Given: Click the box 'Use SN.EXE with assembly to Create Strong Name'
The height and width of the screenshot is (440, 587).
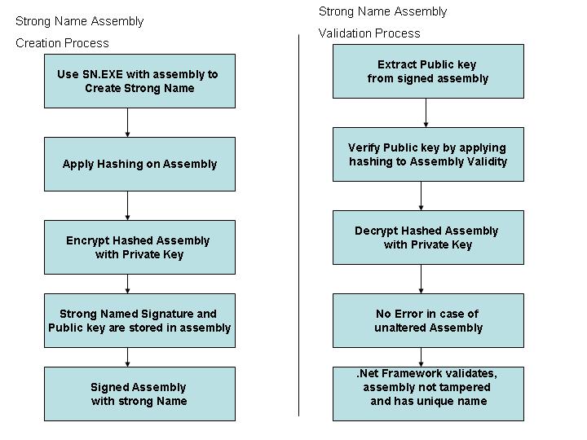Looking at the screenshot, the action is pos(139,81).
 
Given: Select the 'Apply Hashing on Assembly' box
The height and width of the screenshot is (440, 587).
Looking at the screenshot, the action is pos(139,165).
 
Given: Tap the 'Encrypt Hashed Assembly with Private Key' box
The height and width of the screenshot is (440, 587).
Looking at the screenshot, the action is pos(139,248).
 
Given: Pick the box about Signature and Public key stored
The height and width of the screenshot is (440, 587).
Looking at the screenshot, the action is pos(139,321).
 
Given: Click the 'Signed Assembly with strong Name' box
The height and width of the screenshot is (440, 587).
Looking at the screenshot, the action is pos(139,394).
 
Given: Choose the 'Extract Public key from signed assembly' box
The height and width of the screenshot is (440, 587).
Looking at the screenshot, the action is pos(428,72).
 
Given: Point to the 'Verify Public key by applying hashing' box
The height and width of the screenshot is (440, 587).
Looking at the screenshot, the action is pos(428,155).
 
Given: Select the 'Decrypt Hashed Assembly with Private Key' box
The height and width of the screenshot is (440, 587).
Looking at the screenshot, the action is pos(428,238).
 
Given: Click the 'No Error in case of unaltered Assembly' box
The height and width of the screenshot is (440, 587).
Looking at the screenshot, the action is pos(428,321).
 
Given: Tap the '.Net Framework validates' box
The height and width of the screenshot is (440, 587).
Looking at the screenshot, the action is pos(428,394).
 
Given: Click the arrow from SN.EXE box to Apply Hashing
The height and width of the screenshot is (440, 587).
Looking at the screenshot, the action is pos(128,123).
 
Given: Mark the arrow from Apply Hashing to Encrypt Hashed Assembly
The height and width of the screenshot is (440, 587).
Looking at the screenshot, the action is pos(128,206).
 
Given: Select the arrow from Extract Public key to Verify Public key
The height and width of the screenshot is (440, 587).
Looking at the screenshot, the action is pos(426,113).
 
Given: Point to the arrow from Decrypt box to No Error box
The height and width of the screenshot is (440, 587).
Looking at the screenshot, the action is pos(421,279).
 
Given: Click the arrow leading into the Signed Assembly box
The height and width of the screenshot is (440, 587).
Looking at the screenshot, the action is pos(128,358).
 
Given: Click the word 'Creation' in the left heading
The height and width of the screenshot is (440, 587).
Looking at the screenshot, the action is pos(37,43).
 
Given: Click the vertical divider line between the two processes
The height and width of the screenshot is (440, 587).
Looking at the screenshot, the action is pos(298,225).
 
